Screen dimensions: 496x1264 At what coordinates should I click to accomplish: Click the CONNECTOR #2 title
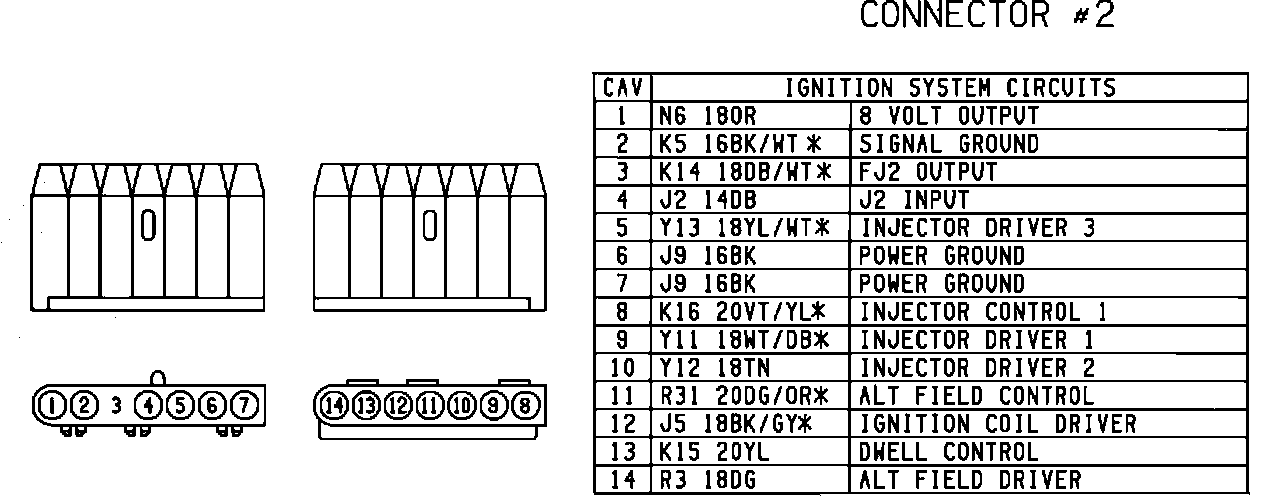pos(986,17)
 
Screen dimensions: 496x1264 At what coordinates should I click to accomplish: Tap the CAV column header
pos(622,88)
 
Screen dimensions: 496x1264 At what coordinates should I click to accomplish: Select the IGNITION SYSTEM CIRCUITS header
pos(950,88)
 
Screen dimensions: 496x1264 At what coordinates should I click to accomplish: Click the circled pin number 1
pos(49,406)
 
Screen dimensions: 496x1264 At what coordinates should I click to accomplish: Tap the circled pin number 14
pos(334,406)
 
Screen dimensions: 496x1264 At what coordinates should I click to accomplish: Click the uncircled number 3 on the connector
pos(116,406)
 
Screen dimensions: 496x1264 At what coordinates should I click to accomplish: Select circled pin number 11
pos(430,406)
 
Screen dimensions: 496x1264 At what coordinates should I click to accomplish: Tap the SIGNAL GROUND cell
pos(949,144)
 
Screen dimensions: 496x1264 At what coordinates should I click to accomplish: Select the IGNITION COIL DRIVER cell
pos(998,424)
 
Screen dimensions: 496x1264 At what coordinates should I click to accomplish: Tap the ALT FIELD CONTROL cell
pos(977,396)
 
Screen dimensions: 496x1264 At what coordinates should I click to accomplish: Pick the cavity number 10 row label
pos(622,368)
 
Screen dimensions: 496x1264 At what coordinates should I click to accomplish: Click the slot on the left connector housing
pos(147,227)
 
